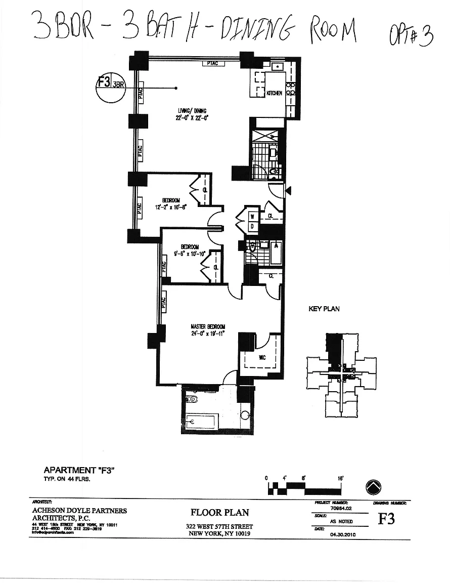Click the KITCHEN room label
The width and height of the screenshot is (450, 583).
tap(274, 93)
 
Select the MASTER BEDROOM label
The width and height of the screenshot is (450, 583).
tap(208, 326)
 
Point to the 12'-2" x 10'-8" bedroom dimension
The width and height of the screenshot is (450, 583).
tap(167, 206)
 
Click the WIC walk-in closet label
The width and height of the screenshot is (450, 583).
tap(262, 358)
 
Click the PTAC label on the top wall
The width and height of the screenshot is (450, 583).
tap(211, 64)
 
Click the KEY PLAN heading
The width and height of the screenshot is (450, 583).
tap(324, 309)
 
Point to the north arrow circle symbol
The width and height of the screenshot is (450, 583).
tap(374, 487)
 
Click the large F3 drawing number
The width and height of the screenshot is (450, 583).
tap(386, 519)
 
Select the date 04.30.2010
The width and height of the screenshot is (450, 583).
tap(342, 533)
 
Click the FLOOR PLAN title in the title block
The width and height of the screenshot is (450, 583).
tap(219, 512)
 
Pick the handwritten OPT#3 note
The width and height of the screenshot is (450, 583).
tap(411, 36)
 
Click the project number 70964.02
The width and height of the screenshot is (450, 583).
tap(341, 508)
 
